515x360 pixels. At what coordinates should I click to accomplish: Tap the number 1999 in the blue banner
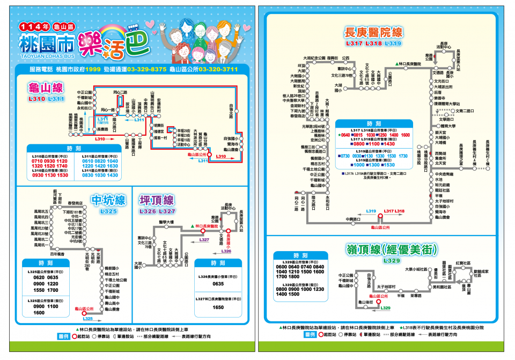tap(93, 70)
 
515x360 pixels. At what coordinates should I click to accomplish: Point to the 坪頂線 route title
tap(157, 201)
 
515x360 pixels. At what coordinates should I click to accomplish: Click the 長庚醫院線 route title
tap(374, 32)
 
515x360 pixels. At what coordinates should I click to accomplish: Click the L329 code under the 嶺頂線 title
tap(392, 261)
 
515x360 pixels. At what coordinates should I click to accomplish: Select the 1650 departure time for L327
tap(218, 307)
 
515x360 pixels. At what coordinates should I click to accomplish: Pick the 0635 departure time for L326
tap(218, 284)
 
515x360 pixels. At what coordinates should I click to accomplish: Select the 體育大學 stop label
tap(448, 126)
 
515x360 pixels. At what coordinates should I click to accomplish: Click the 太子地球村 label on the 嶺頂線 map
tap(386, 288)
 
